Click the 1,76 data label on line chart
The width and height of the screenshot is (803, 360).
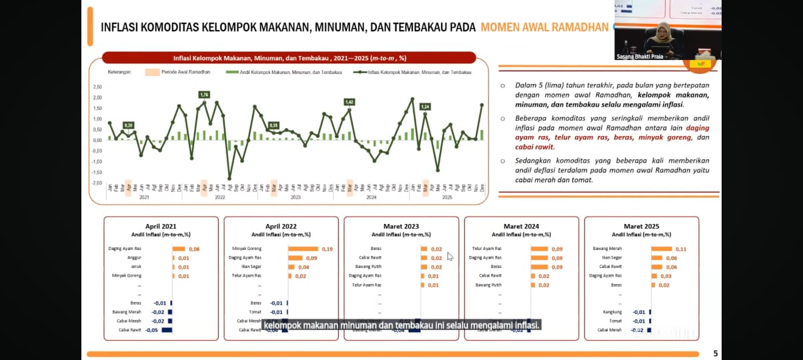click(x=204, y=95)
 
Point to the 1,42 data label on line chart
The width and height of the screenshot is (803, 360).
click(x=349, y=102)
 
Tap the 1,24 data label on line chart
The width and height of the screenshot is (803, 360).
click(x=425, y=107)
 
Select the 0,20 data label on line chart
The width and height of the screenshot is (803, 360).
click(x=128, y=125)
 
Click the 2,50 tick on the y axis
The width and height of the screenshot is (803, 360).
click(x=97, y=87)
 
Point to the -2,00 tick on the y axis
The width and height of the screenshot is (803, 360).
click(x=97, y=183)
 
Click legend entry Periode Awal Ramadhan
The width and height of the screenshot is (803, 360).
click(x=185, y=72)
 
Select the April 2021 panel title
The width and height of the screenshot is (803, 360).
click(x=161, y=227)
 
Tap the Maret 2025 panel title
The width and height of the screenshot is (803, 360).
click(x=641, y=227)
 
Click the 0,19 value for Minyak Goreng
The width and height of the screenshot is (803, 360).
click(x=327, y=249)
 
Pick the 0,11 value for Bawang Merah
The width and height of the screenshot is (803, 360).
click(x=681, y=249)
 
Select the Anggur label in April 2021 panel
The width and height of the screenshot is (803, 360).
click(x=134, y=258)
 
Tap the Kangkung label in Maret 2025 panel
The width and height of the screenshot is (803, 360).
click(x=612, y=312)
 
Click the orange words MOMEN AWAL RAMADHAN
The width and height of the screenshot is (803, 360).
click(x=544, y=27)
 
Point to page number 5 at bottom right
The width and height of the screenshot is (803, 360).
click(x=716, y=354)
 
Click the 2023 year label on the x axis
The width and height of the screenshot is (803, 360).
click(x=295, y=197)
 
